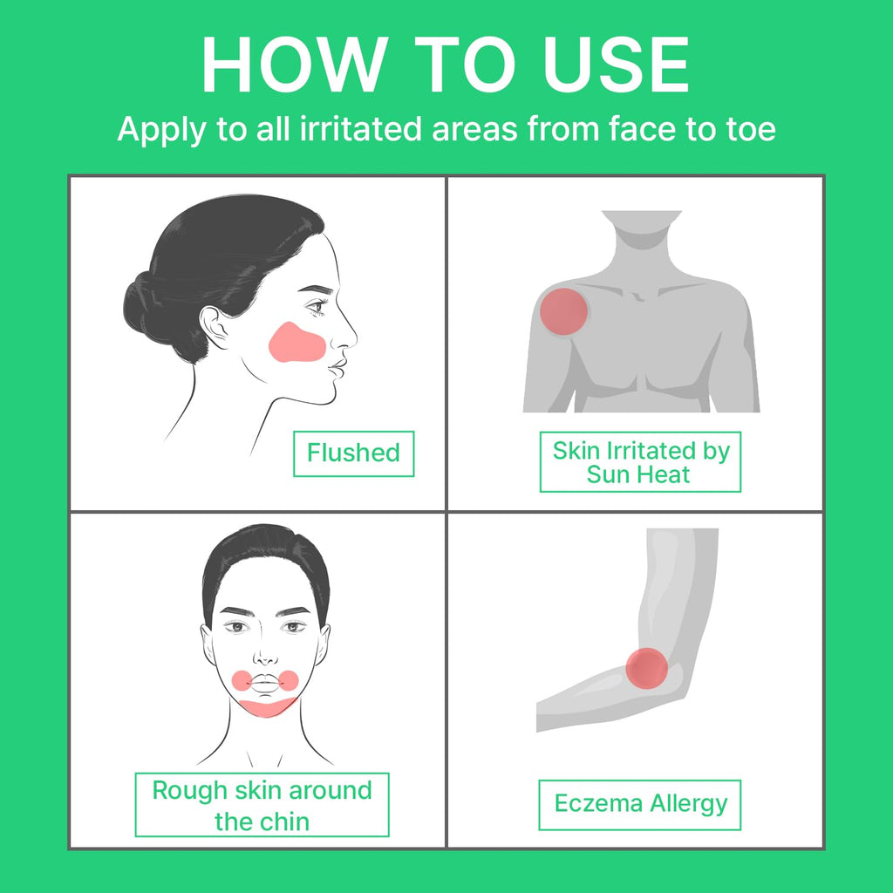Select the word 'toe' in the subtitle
pyautogui.click(x=751, y=128)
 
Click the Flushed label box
pyautogui.click(x=354, y=453)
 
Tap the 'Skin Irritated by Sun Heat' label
pyautogui.click(x=640, y=462)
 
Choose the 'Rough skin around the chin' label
pyautogui.click(x=262, y=805)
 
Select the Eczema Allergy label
pyautogui.click(x=640, y=805)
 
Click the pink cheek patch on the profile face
pyautogui.click(x=297, y=342)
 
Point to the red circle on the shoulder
pyautogui.click(x=563, y=311)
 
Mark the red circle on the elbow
pyautogui.click(x=646, y=668)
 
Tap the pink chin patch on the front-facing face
pyautogui.click(x=267, y=706)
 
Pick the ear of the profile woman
pyautogui.click(x=215, y=328)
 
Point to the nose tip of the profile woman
pyautogui.click(x=356, y=339)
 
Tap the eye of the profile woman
pyautogui.click(x=317, y=308)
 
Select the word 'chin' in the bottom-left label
pyautogui.click(x=286, y=821)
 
